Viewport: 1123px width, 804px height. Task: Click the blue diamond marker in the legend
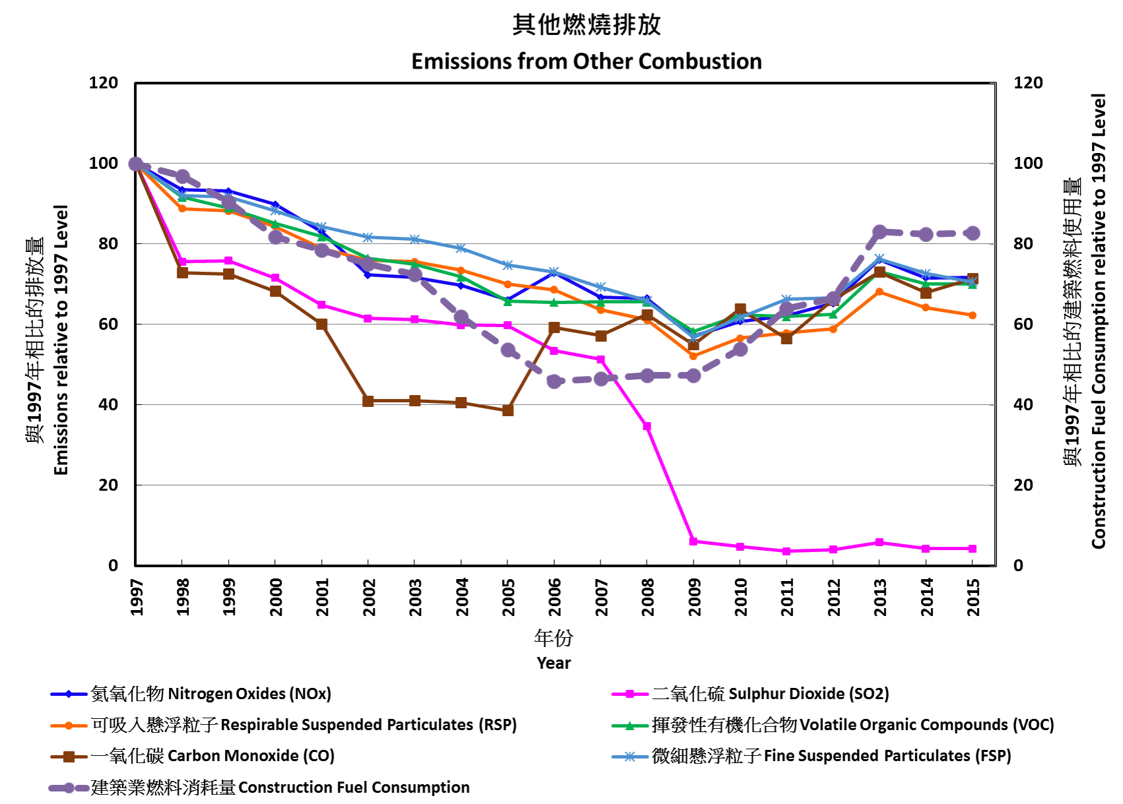tap(69, 694)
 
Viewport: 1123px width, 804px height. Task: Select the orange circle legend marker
tap(69, 726)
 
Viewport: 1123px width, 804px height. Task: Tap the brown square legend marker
tap(69, 757)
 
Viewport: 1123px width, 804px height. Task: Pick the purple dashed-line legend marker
tap(69, 788)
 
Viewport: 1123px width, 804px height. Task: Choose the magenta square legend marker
tap(629, 694)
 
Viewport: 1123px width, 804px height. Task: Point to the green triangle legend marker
tap(629, 726)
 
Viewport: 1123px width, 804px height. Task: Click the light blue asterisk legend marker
tap(629, 757)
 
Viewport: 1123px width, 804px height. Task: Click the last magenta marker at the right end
tap(972, 549)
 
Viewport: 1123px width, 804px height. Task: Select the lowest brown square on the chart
tap(508, 410)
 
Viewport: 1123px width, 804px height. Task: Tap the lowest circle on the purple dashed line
tap(554, 381)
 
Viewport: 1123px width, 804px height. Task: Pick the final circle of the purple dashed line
tap(972, 233)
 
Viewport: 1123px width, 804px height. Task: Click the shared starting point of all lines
tap(136, 164)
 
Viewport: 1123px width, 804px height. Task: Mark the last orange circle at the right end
tap(972, 315)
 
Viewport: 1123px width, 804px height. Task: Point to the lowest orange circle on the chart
tap(693, 356)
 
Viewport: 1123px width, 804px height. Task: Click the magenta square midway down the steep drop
tap(647, 426)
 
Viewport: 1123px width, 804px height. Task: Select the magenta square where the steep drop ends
tap(693, 541)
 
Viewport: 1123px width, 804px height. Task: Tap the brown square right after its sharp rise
tap(554, 328)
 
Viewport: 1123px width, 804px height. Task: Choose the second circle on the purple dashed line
tap(183, 176)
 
